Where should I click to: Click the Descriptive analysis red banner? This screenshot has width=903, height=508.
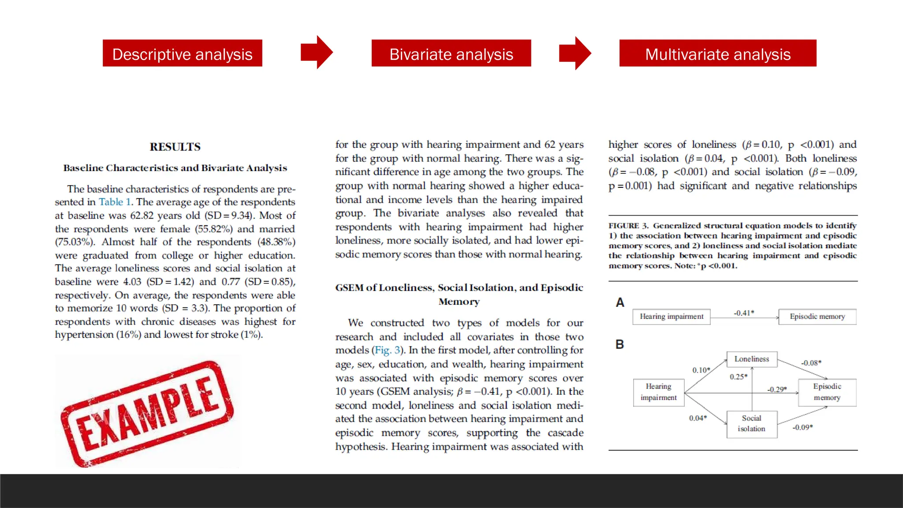[x=182, y=53]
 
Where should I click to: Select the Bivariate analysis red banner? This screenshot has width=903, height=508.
[x=451, y=53]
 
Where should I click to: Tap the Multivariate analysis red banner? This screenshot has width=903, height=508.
[x=717, y=53]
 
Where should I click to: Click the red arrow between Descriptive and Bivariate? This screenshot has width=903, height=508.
[x=317, y=52]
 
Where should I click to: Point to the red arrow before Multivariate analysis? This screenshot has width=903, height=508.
[x=575, y=53]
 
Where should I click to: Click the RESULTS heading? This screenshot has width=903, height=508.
[x=175, y=147]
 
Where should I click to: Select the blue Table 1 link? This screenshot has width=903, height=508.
[x=115, y=202]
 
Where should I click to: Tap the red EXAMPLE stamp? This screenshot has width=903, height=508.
[x=148, y=413]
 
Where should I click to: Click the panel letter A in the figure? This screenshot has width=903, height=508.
[x=620, y=303]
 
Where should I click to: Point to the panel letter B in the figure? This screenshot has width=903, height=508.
[x=619, y=344]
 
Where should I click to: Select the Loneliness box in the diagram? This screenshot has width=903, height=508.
[x=751, y=359]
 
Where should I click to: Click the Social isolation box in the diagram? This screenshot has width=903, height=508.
[x=751, y=424]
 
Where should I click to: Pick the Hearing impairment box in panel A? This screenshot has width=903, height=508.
[x=671, y=317]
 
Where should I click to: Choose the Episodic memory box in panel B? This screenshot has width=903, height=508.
[x=827, y=392]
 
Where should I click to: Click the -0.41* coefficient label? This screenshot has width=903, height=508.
[x=743, y=313]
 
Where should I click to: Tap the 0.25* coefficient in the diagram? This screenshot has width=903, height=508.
[x=738, y=377]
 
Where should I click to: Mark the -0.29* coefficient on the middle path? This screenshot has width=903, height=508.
[x=776, y=389]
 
